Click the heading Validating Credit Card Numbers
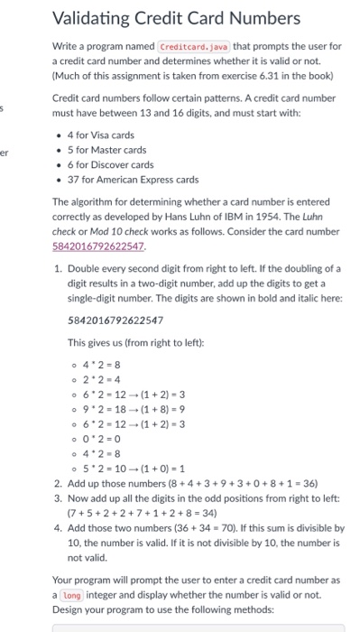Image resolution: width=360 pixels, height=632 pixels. point(176,17)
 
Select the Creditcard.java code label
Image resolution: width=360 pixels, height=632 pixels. point(192,45)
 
